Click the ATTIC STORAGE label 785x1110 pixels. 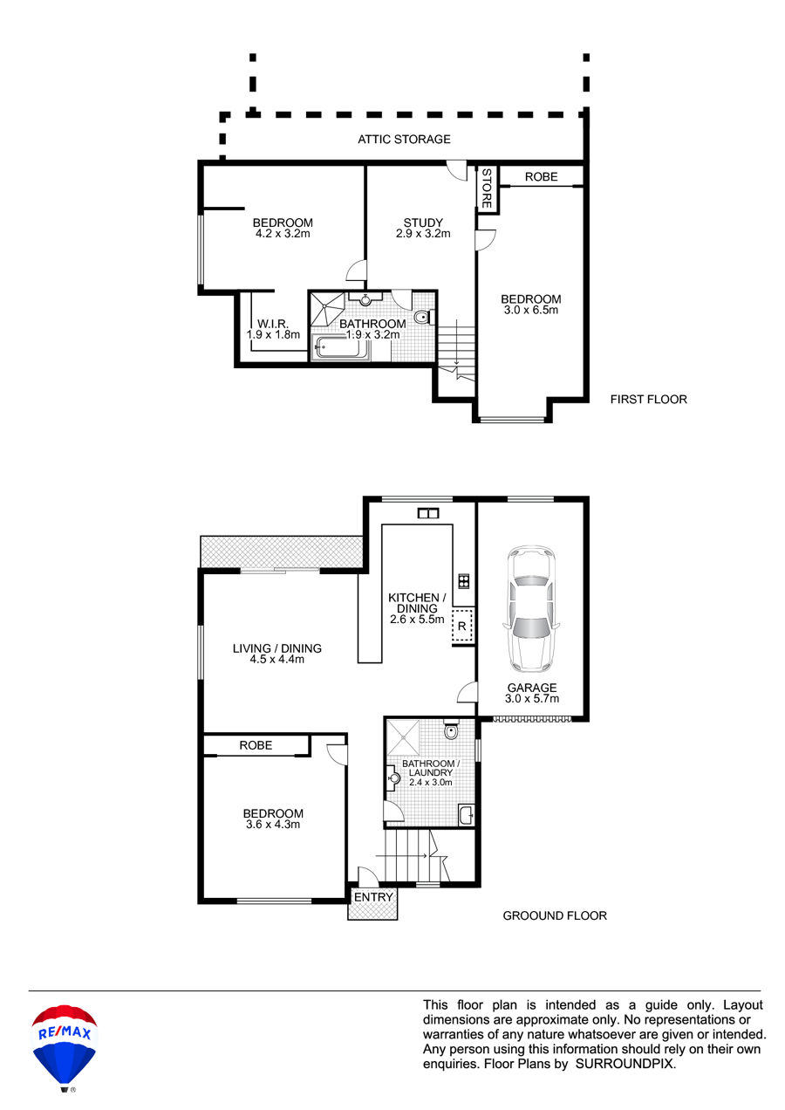[404, 140]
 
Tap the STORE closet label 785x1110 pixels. [486, 188]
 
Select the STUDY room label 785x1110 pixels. [423, 223]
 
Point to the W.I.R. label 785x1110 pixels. [273, 324]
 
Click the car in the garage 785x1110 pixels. [531, 608]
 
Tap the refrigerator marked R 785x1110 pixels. [462, 626]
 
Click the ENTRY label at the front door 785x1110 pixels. [373, 897]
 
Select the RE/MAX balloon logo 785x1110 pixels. [65, 1047]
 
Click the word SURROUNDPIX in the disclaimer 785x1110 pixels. [625, 1064]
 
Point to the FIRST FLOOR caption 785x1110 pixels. [648, 400]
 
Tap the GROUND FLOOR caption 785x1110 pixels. [555, 915]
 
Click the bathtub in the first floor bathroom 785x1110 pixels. [341, 347]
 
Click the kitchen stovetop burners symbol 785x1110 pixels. [463, 581]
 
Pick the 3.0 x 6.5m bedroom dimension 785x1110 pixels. [531, 310]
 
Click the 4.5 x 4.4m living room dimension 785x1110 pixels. [276, 659]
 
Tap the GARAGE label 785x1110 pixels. [532, 688]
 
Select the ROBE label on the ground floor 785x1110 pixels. [256, 745]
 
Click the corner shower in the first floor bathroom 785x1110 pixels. [327, 309]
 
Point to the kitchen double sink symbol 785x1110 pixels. [428, 513]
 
